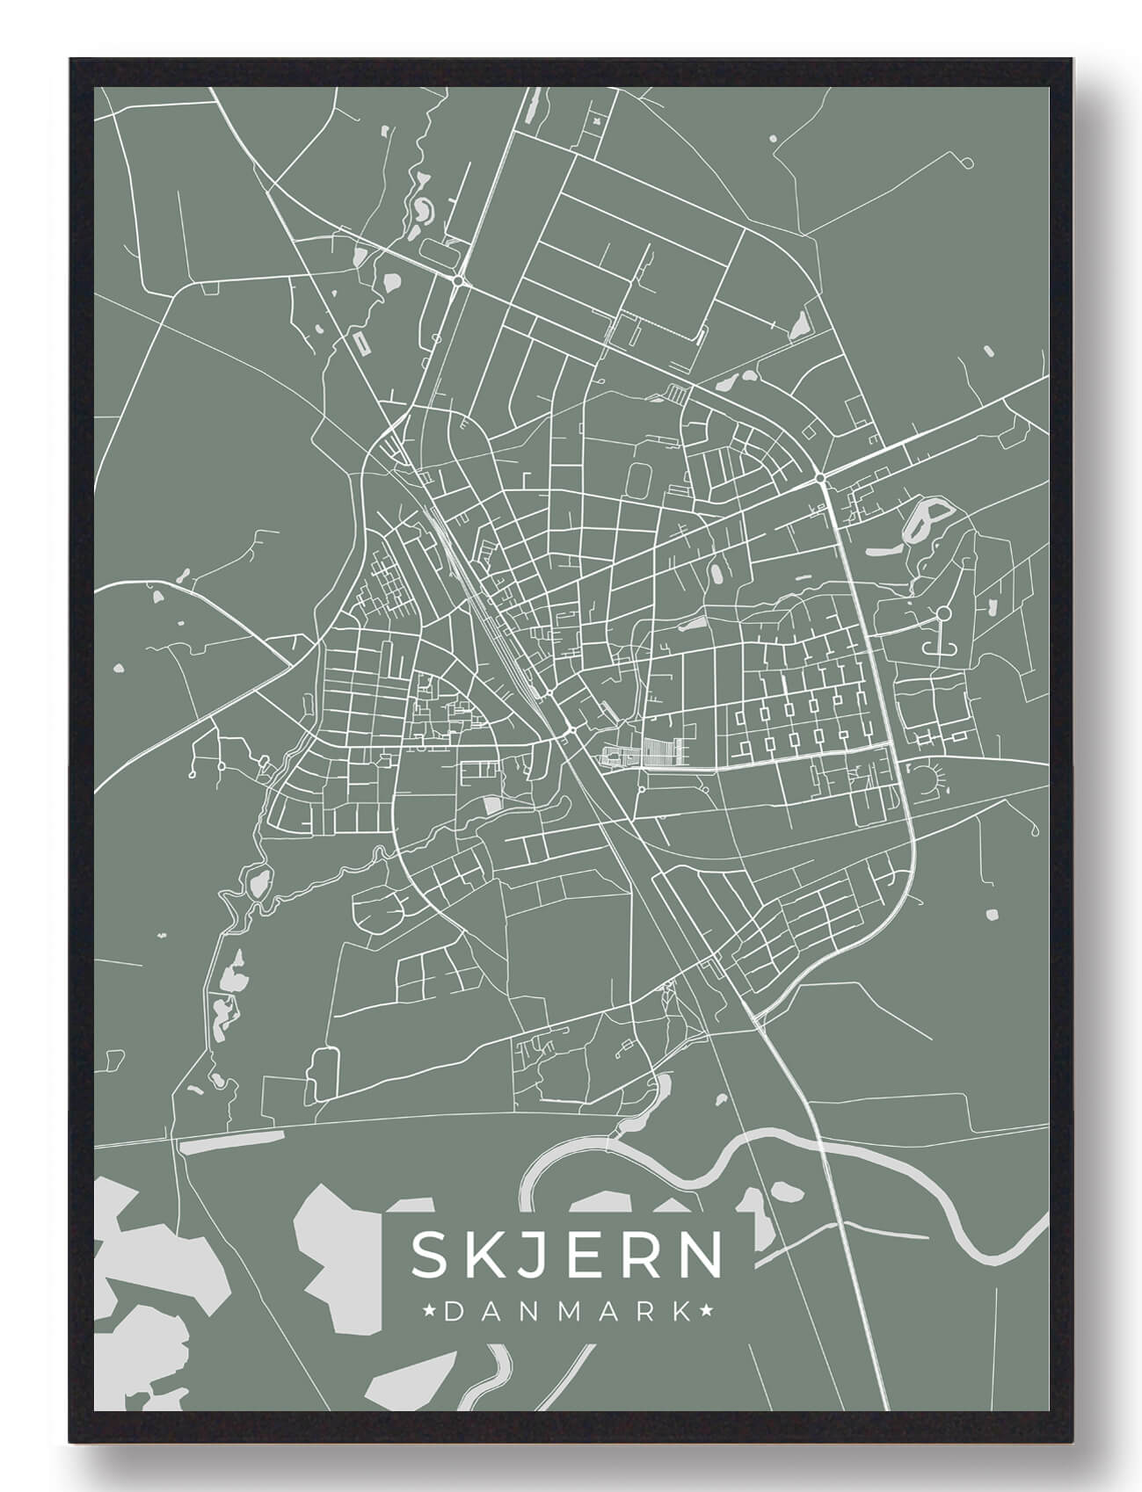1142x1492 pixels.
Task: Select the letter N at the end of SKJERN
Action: pos(700,1255)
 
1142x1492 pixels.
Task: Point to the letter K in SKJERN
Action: pos(489,1255)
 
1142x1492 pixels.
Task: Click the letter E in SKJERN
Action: pos(595,1255)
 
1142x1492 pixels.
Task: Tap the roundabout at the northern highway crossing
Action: pos(459,280)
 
